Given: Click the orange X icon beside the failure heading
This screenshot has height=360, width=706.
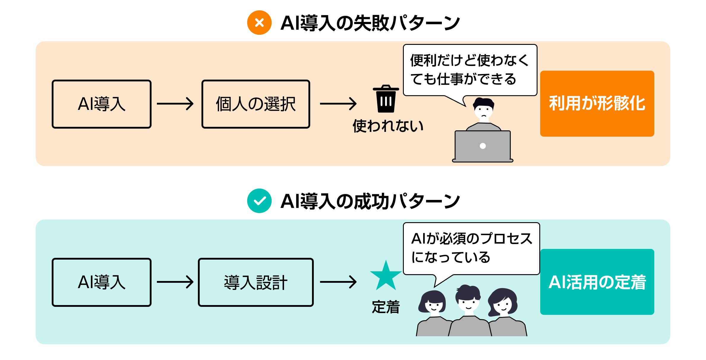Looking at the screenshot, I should click(x=259, y=23).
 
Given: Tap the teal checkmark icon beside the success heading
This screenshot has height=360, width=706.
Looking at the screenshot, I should click(x=259, y=201).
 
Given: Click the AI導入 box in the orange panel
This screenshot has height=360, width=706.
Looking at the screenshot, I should click(x=102, y=104).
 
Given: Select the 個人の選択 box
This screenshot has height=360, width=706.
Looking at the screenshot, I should click(x=256, y=104).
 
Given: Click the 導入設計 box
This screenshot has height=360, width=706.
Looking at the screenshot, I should click(x=256, y=282).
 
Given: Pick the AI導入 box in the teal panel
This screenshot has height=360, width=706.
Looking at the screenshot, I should click(x=102, y=282).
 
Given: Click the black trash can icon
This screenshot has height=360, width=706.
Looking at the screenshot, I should click(x=386, y=99).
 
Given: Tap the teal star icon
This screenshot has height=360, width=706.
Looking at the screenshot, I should click(x=386, y=276).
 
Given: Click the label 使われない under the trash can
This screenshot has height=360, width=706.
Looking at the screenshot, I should click(x=387, y=126).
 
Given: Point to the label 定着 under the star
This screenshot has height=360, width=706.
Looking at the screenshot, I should click(x=386, y=307).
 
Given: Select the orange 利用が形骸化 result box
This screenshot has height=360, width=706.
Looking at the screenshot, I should click(x=597, y=103).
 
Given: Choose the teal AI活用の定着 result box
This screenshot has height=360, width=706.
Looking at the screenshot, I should click(x=597, y=282).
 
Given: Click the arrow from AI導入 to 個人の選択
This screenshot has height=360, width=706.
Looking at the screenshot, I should click(x=175, y=104).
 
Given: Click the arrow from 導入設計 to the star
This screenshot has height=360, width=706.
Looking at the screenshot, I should click(x=338, y=282).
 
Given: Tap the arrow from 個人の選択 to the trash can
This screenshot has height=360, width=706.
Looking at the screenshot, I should click(x=338, y=104).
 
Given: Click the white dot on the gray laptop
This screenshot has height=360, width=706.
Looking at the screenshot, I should click(x=483, y=146).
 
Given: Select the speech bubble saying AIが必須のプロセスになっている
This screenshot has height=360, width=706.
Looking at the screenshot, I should click(x=471, y=248).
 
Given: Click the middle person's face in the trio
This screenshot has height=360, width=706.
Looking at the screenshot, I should click(x=468, y=303).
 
